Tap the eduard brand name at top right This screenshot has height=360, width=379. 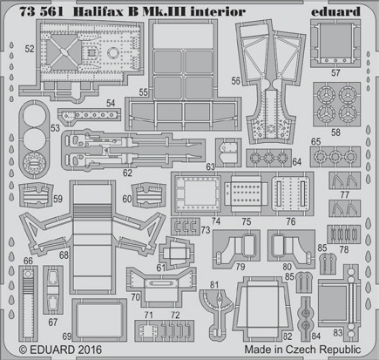335,11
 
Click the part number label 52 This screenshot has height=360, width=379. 30,49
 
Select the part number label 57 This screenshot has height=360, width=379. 335,72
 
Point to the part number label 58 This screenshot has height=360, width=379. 335,132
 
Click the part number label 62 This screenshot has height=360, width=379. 127,173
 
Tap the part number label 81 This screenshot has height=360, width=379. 214,285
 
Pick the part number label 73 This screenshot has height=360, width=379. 206,230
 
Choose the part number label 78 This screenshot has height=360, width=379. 344,249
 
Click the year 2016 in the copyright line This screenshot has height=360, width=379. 89,350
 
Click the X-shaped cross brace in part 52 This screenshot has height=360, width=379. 63,52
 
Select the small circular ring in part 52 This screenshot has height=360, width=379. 112,52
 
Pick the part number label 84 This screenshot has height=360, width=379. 315,336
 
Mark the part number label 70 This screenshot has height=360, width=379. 136,297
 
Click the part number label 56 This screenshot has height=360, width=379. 236,80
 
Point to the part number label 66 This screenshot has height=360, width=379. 28,261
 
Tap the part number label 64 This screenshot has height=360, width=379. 296,161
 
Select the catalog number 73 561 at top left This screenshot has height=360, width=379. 41,11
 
